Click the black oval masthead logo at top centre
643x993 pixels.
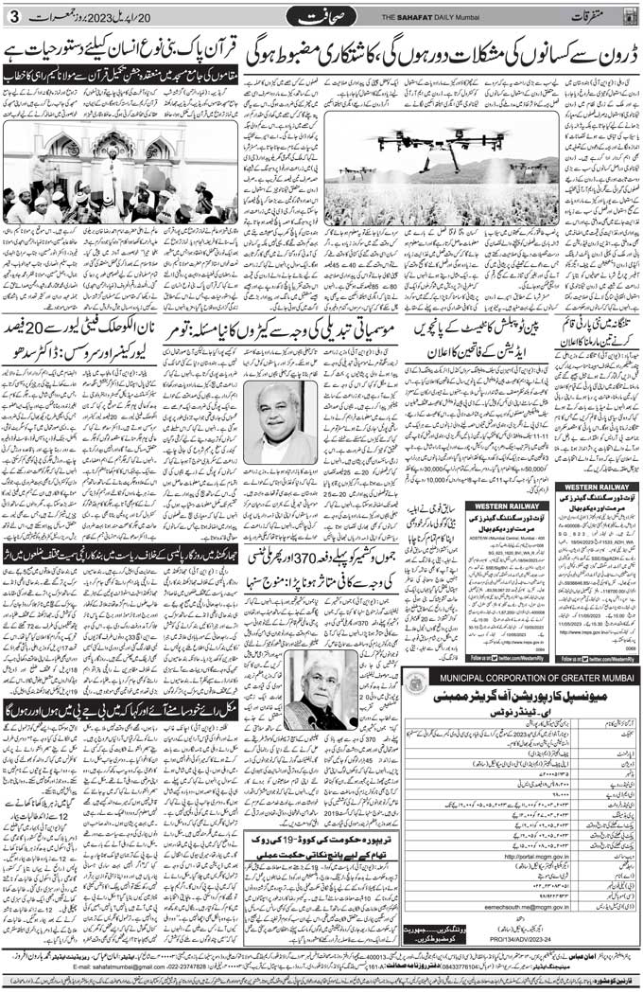321,17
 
